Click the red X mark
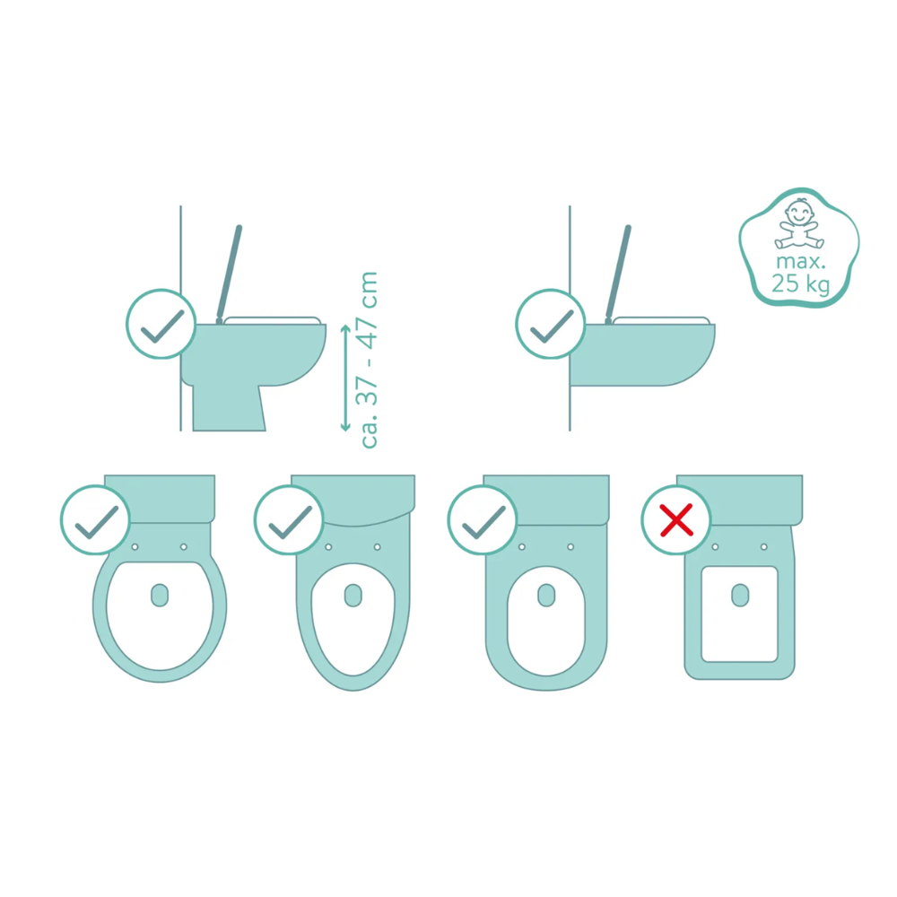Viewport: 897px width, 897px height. point(676,520)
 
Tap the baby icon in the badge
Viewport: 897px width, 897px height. point(799,223)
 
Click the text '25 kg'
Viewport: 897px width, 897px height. point(800,283)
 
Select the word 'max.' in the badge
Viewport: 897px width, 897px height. point(801,262)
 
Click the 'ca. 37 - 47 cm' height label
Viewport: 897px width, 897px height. point(367,360)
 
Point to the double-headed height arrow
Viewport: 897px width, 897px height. point(345,378)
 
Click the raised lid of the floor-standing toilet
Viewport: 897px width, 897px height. point(229,274)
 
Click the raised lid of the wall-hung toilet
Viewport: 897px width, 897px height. point(618,274)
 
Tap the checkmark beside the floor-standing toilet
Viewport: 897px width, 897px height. point(161,325)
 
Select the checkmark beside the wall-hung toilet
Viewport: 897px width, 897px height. point(552,325)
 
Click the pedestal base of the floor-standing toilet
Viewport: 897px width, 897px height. point(228,407)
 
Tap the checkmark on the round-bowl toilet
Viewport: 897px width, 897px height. point(97,520)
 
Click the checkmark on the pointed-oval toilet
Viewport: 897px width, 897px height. point(290,520)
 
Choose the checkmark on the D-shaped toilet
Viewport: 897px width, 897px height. point(483,520)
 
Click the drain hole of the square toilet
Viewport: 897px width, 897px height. point(740,596)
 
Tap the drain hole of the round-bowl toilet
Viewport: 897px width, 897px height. point(160,596)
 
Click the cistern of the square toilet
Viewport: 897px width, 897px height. point(739,500)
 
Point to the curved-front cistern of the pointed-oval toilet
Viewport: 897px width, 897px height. point(353,500)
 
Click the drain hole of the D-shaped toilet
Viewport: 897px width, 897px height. point(546,596)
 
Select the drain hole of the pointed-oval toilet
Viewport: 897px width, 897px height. point(353,596)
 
